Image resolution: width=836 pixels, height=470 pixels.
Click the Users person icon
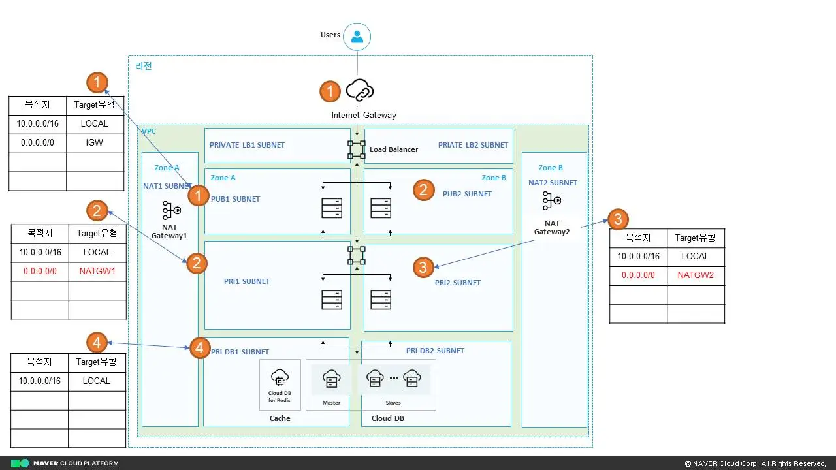coord(357,37)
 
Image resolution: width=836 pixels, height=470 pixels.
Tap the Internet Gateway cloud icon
coord(359,91)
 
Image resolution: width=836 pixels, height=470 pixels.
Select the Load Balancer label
coord(394,149)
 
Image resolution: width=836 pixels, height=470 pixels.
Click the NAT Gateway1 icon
coord(171,210)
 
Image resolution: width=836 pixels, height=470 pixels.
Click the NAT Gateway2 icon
coord(553,202)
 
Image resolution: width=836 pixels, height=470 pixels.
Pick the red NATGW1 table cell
coord(97,271)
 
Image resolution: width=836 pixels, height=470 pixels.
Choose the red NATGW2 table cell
coord(696,275)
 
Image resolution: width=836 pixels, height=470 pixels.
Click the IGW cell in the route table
coord(95,142)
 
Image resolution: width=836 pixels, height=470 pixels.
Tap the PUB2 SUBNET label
coord(467,194)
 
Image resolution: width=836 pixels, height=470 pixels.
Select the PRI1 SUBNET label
coord(247,281)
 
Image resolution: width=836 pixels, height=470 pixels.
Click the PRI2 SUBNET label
coord(457,283)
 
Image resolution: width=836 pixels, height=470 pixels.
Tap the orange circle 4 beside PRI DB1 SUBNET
coord(200,348)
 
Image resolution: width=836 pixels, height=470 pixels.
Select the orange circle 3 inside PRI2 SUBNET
coord(423,266)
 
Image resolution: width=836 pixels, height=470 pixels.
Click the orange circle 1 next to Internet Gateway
coord(330,91)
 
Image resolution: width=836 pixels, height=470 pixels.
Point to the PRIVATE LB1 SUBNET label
coord(247,145)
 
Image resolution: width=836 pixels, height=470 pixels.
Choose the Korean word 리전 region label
coord(144,66)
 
